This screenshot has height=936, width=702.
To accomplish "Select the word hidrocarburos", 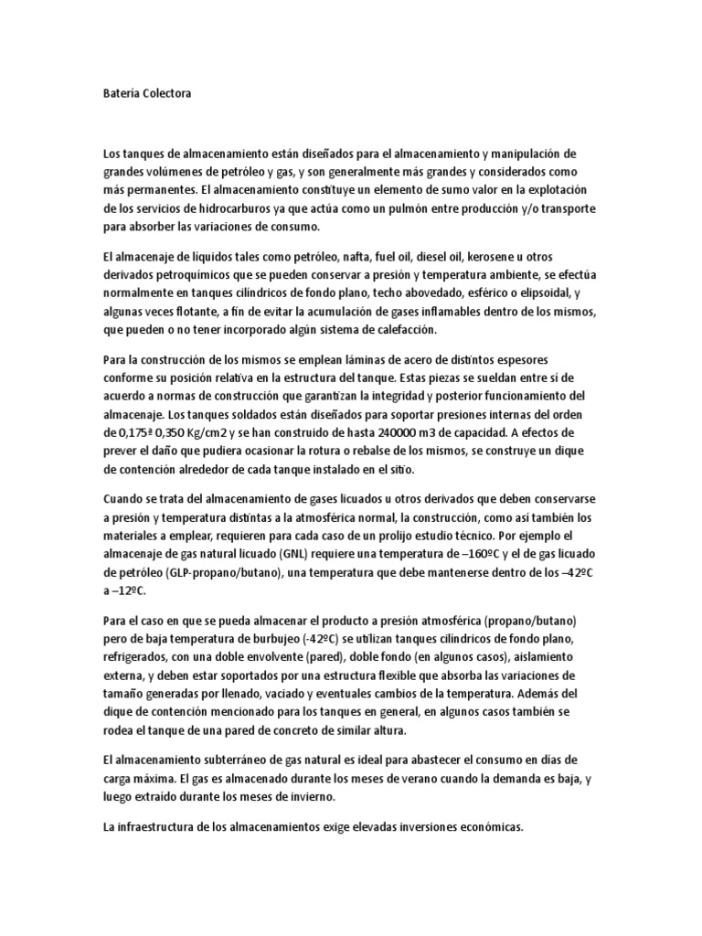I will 209,209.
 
